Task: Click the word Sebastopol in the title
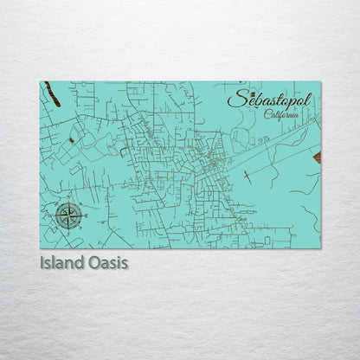tap(270, 102)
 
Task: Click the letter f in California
tap(285, 116)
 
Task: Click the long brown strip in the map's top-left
tap(53, 93)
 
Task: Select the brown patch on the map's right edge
tap(317, 157)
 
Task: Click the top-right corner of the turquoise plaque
tap(320, 82)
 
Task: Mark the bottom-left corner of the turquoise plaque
tap(40, 248)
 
